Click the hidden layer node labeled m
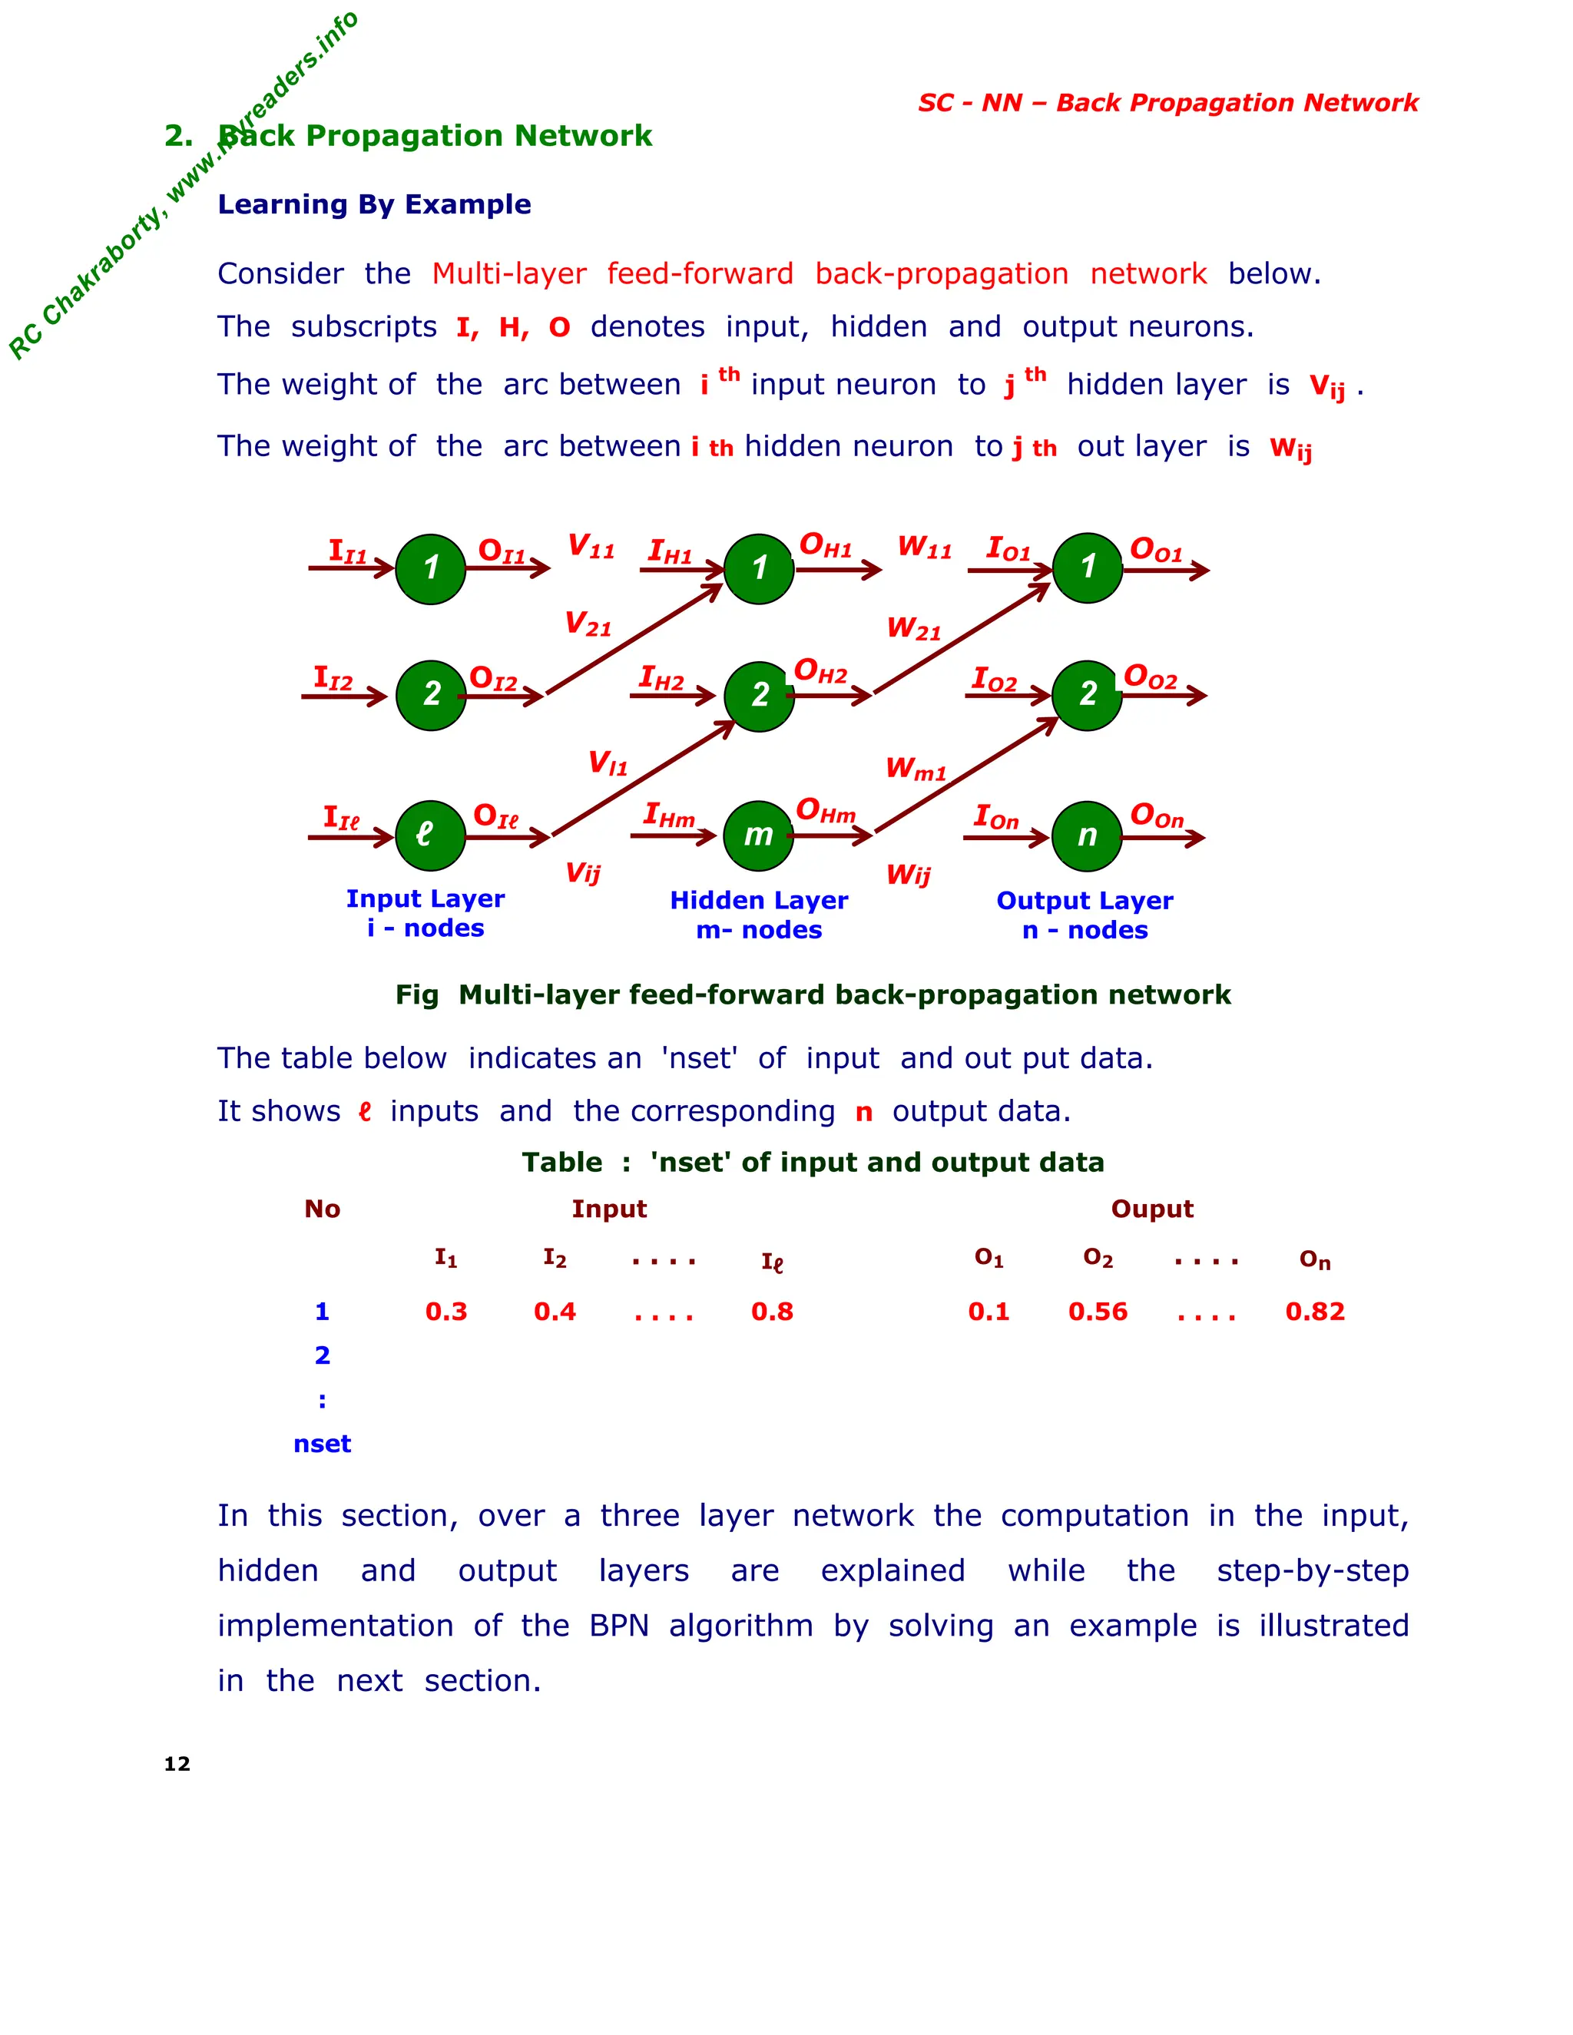tap(759, 836)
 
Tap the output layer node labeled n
tap(1087, 836)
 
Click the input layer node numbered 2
tap(431, 694)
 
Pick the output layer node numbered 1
tap(1088, 567)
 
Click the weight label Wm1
tap(915, 769)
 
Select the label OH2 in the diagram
tap(820, 672)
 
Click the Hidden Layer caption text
tap(759, 900)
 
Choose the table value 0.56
tap(1098, 1312)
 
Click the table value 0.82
tap(1315, 1312)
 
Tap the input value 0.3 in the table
tap(446, 1312)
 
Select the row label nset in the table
tap(323, 1444)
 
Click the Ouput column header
tap(1152, 1209)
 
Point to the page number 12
tap(177, 1764)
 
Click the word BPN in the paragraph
tap(619, 1626)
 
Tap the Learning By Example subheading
tap(374, 204)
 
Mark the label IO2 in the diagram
tap(995, 680)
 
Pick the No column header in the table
tap(323, 1209)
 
